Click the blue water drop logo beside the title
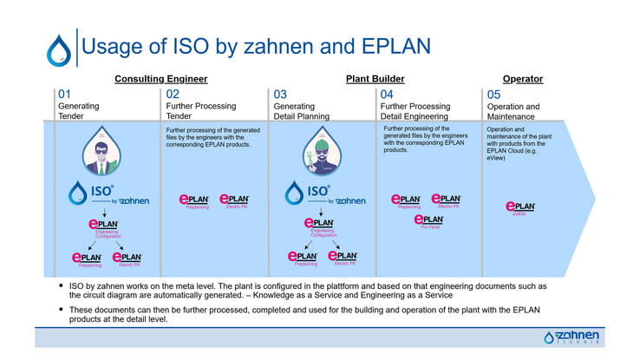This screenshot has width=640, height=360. click(x=58, y=49)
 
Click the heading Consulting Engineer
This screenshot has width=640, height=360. click(x=161, y=79)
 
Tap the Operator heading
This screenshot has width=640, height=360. click(x=523, y=79)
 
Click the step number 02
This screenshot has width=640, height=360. click(x=173, y=95)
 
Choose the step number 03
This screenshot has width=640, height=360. click(x=281, y=95)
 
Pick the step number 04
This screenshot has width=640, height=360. click(x=387, y=95)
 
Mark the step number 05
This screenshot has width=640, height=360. click(x=493, y=95)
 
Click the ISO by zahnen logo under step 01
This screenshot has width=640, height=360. click(x=108, y=195)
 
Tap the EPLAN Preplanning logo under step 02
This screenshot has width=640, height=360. click(x=193, y=200)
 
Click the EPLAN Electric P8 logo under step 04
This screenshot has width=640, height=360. click(x=447, y=200)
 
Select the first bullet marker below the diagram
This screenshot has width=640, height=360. click(x=61, y=285)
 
